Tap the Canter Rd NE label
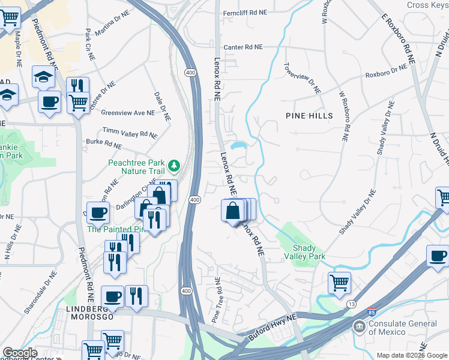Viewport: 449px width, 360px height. (x=243, y=47)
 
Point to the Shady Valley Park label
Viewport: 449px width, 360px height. (x=309, y=252)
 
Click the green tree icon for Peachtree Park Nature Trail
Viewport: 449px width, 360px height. (x=174, y=164)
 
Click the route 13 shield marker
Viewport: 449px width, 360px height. (x=351, y=304)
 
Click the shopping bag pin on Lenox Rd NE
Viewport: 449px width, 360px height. (x=233, y=211)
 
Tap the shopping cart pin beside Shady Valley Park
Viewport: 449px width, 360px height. (x=339, y=282)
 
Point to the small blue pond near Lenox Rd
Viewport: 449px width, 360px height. (x=238, y=145)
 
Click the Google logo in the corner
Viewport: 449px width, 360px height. (x=20, y=353)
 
